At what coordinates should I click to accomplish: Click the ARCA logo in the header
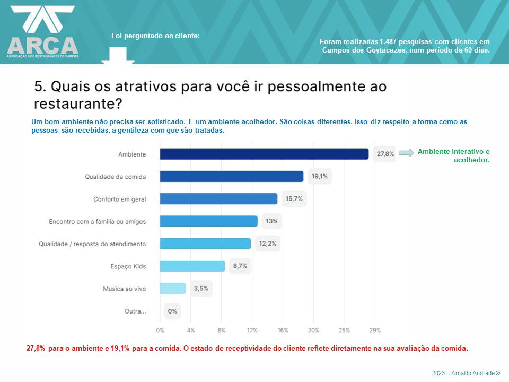[42, 32]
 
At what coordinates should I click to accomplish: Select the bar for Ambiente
[264, 154]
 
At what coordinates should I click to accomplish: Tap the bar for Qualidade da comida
[232, 176]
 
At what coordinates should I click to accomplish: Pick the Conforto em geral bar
[218, 198]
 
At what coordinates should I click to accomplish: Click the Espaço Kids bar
[192, 266]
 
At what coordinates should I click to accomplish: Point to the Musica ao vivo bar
[173, 289]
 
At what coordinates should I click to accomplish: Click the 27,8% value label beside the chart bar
[385, 154]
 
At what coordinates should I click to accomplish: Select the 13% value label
[271, 221]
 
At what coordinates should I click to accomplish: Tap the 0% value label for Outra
[172, 311]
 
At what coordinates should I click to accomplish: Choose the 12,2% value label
[267, 244]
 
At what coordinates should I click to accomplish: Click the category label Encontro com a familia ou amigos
[97, 221]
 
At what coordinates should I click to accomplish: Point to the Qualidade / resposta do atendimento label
[92, 244]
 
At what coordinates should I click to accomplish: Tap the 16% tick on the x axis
[283, 330]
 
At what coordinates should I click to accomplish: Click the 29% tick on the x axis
[375, 330]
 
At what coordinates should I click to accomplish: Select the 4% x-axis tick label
[191, 330]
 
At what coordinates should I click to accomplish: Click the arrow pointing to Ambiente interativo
[406, 153]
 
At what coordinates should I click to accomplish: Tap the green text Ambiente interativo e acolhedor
[453, 155]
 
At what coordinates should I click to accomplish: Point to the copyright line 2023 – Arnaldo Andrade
[466, 373]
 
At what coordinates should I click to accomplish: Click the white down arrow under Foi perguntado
[118, 56]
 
